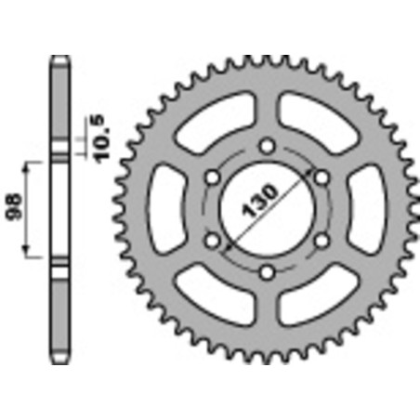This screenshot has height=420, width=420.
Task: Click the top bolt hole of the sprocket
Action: pos(268,145)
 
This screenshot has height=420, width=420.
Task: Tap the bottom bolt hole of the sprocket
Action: pos(268,272)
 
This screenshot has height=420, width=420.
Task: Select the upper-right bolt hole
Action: pos(322,177)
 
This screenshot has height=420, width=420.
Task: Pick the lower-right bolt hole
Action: pos(322,241)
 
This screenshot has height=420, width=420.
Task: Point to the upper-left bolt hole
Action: pos(213,177)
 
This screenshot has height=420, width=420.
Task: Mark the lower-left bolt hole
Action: pos(213,241)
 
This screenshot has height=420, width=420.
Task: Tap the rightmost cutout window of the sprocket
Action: pos(364,208)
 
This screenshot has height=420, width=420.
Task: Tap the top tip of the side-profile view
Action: pos(59,58)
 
